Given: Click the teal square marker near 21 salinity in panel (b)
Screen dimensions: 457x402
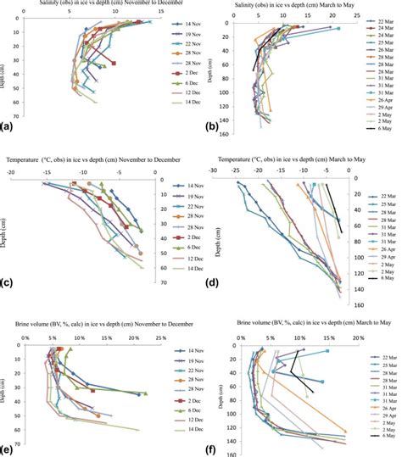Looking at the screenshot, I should click(x=337, y=30).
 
